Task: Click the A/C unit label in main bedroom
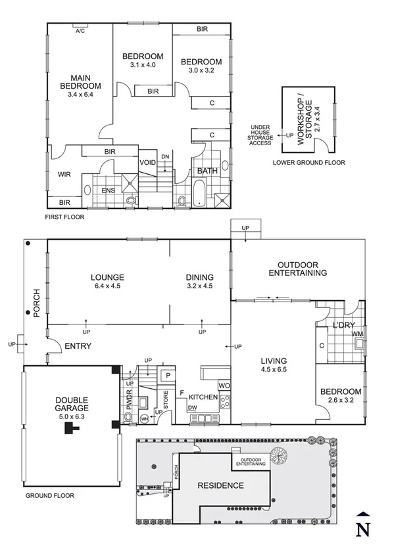[x=80, y=31]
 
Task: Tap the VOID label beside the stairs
[x=147, y=162]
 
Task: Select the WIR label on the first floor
[x=64, y=175]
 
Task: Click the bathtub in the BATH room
[x=199, y=193]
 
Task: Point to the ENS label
[x=109, y=190]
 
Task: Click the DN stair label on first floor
[x=165, y=156]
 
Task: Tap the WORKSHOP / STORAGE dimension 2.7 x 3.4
[x=318, y=120]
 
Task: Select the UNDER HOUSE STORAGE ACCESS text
[x=260, y=135]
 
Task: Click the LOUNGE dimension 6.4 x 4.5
[x=107, y=286]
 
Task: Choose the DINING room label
[x=200, y=277]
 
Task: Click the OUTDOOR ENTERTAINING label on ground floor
[x=297, y=269]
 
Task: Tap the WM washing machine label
[x=357, y=334]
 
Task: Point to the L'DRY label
[x=343, y=325]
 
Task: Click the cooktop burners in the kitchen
[x=225, y=402]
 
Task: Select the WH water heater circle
[x=144, y=419]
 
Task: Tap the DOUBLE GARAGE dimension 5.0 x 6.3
[x=72, y=416]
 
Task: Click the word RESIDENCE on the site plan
[x=220, y=485]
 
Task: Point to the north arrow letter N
[x=362, y=529]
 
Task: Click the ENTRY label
[x=78, y=346]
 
